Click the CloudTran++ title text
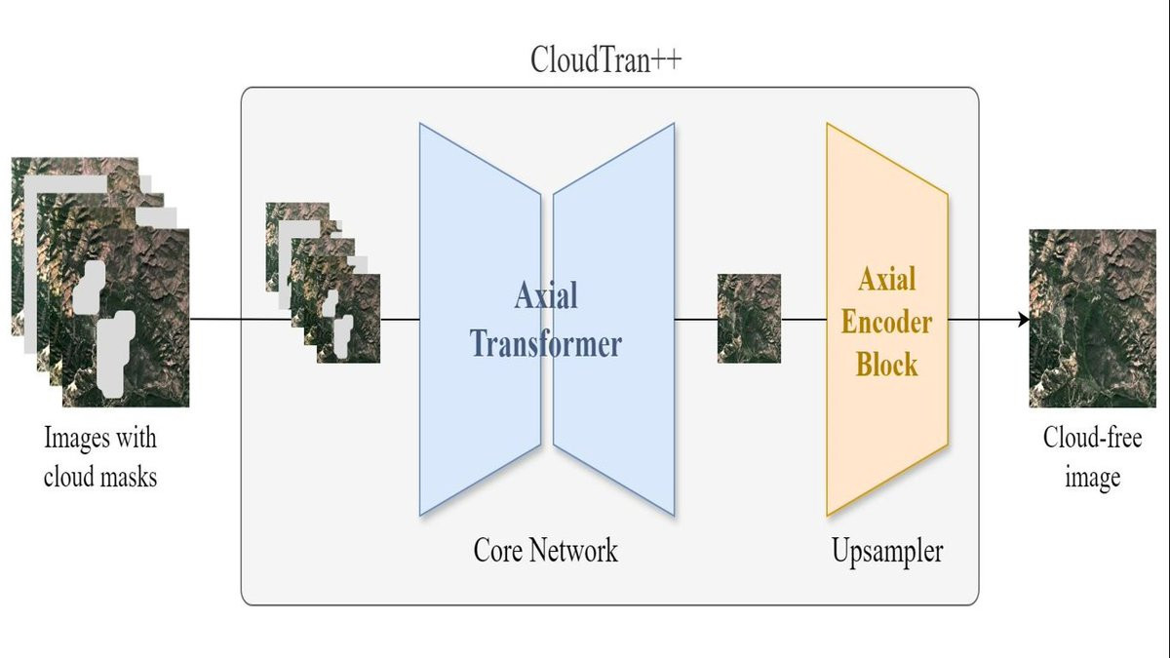[x=605, y=59]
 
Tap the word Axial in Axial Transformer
[x=545, y=295]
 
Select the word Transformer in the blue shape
[x=545, y=343]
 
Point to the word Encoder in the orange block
[x=886, y=322]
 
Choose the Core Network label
[x=545, y=550]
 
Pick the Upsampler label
[x=886, y=552]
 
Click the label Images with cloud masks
[x=100, y=457]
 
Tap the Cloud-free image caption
[x=1092, y=456]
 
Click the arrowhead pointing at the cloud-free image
[x=1023, y=319]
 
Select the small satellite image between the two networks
[x=749, y=319]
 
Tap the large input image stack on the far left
[x=97, y=283]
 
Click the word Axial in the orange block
[x=886, y=280]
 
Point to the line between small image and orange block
[x=803, y=319]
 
